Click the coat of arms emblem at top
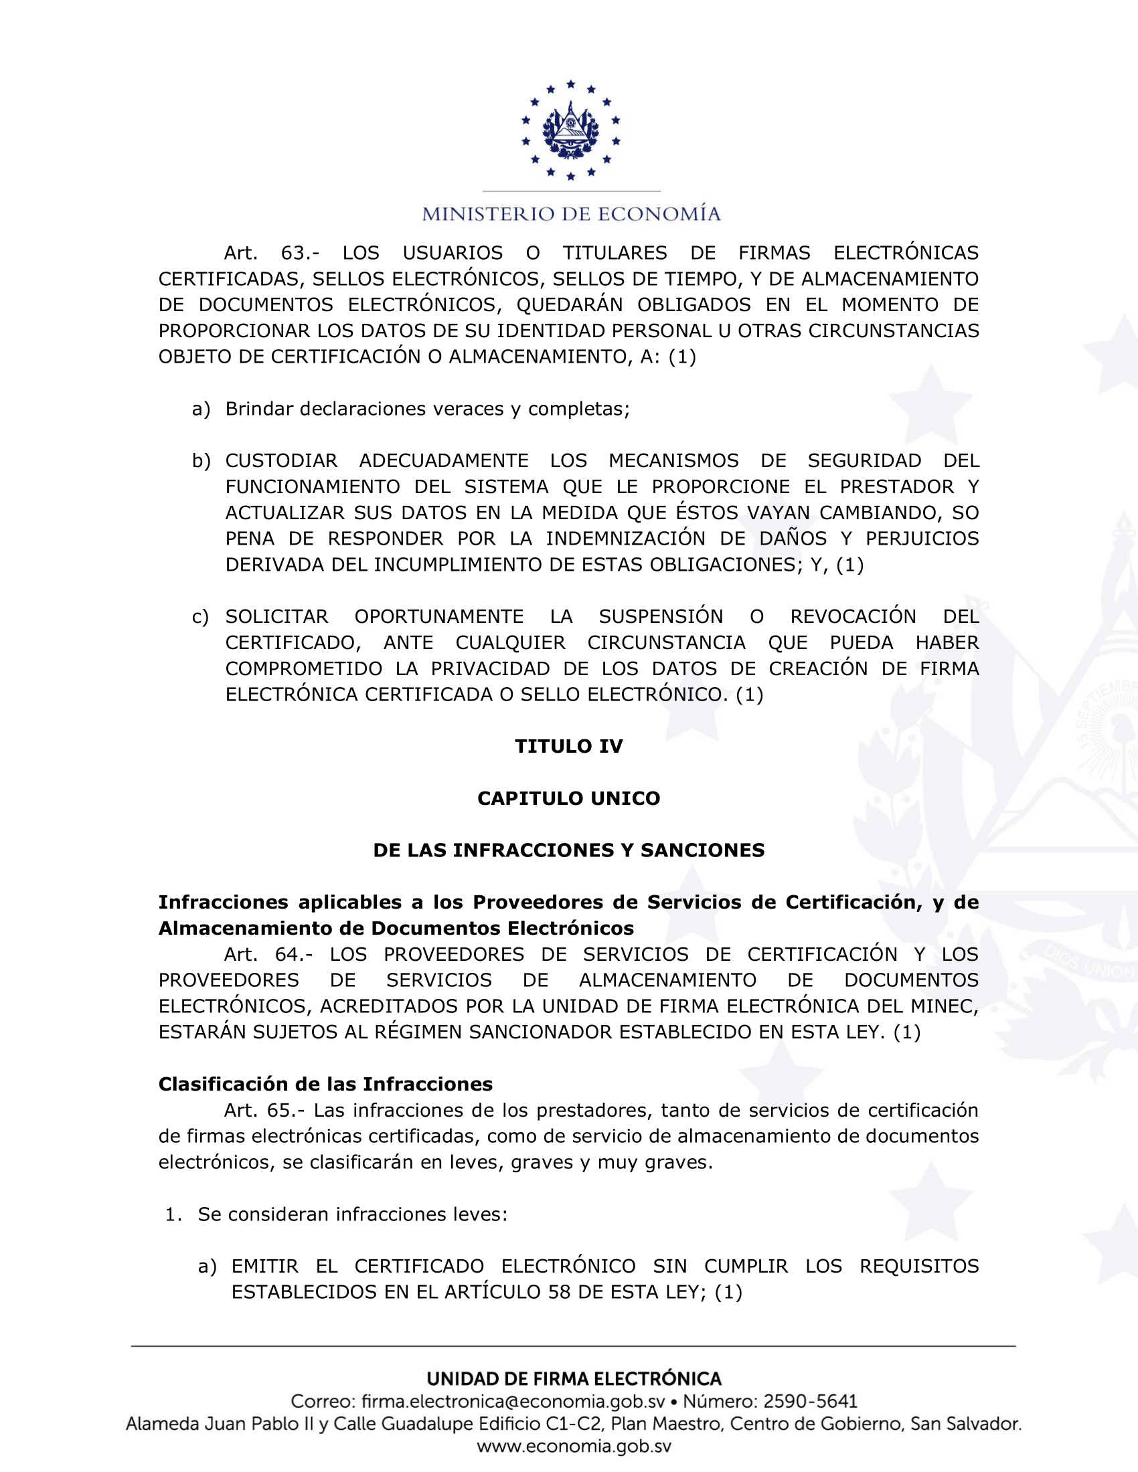[x=570, y=130]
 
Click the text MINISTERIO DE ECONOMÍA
[x=571, y=214]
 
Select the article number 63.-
[x=300, y=253]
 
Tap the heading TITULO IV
[x=569, y=746]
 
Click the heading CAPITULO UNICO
[x=569, y=798]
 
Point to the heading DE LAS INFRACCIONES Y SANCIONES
[x=569, y=850]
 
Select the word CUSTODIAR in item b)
[x=281, y=461]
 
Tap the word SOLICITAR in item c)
[x=276, y=617]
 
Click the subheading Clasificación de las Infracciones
[x=325, y=1084]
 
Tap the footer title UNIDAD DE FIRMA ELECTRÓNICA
[x=574, y=1378]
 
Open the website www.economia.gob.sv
[x=574, y=1447]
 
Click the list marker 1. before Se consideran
[x=174, y=1214]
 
